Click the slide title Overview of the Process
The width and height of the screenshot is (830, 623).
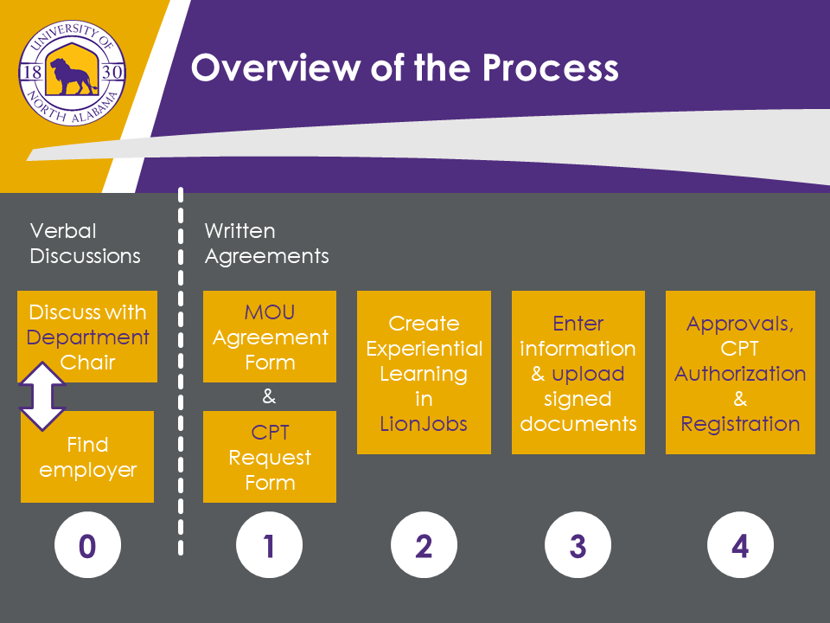[405, 67]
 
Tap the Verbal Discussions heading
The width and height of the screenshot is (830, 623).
[85, 243]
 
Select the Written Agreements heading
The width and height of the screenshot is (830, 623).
[266, 243]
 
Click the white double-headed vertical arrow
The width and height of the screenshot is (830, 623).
[42, 395]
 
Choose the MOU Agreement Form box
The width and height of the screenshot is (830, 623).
[270, 337]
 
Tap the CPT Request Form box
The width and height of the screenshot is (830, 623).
[270, 457]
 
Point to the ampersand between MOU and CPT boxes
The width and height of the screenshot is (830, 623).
[269, 397]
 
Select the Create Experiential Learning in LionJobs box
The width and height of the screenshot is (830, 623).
[424, 372]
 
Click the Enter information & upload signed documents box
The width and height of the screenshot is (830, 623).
[578, 372]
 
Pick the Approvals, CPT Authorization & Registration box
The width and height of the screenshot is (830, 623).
[740, 372]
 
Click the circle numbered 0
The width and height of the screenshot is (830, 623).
[87, 546]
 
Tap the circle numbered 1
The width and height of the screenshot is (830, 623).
[269, 546]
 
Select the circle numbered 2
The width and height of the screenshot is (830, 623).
[424, 546]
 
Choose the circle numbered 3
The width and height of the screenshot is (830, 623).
[578, 546]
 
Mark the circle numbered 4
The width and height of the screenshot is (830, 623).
[740, 546]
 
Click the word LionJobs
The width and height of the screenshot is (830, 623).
[424, 424]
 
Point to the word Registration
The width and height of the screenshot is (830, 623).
[740, 424]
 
